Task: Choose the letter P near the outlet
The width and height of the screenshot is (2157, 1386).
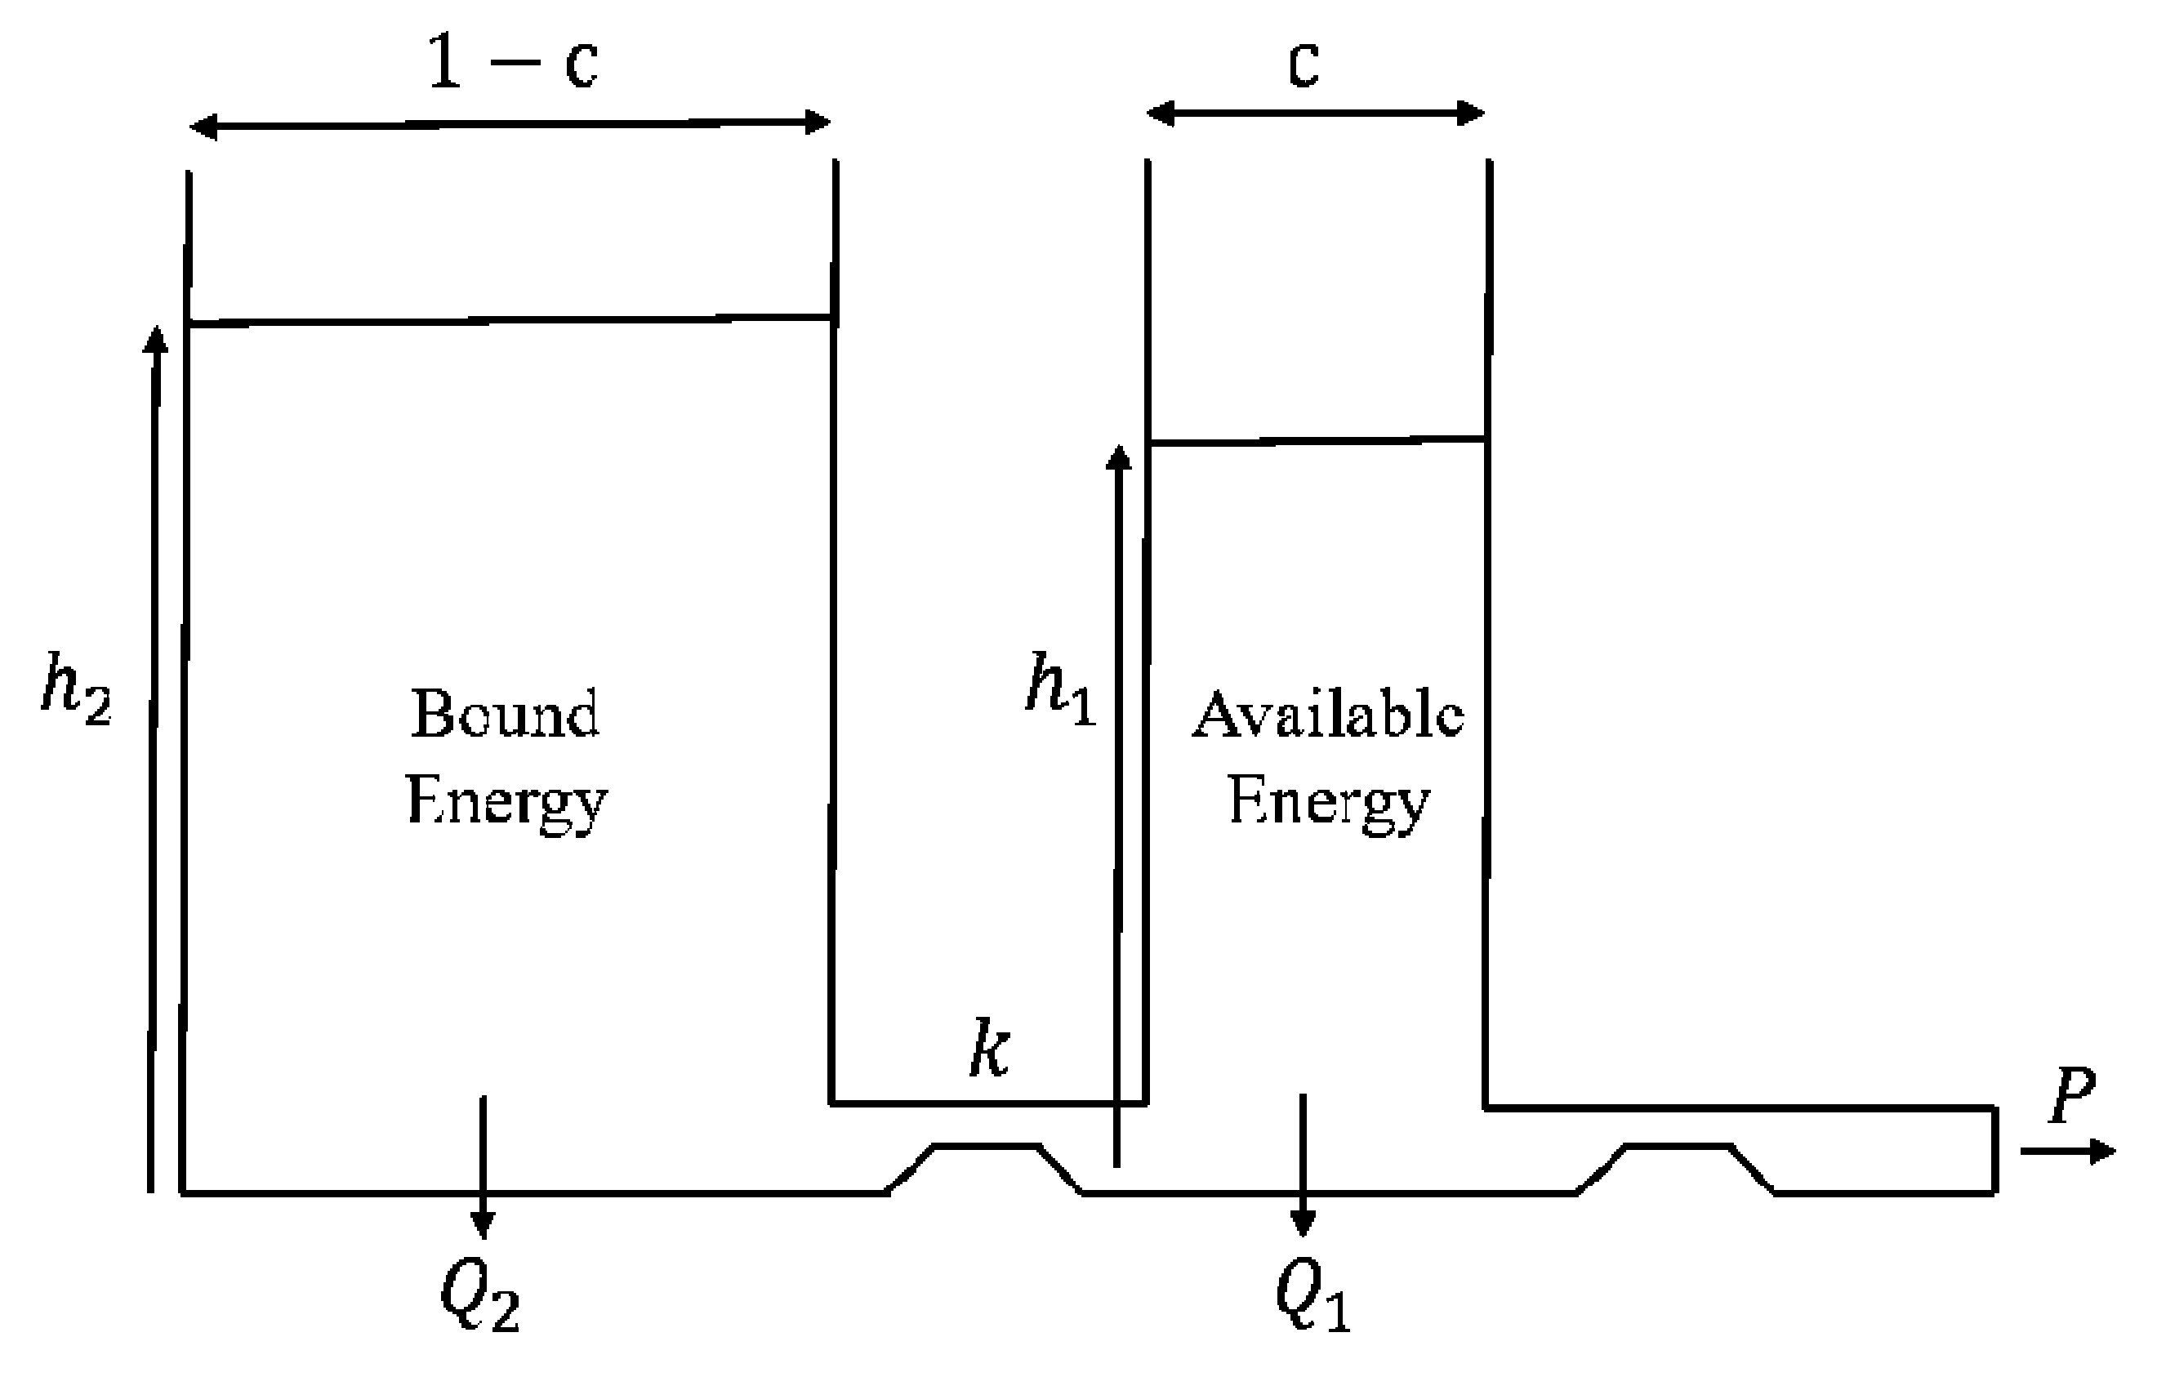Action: pos(2072,1096)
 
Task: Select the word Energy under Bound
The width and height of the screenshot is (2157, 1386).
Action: pos(506,801)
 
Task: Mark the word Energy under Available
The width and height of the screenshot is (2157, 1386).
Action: pos(1328,801)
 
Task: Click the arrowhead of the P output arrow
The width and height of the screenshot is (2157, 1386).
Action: pos(2102,1151)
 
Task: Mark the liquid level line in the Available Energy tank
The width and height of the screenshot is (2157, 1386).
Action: pos(1317,441)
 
